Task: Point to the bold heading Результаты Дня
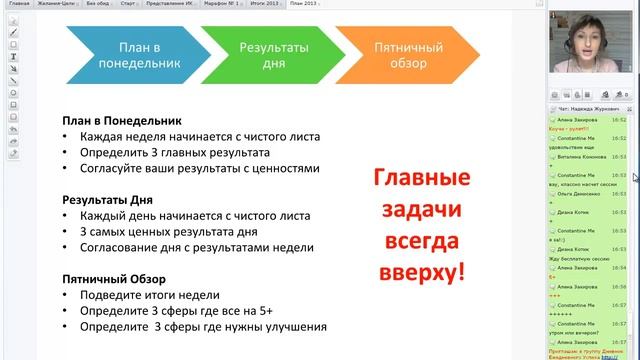click(109, 199)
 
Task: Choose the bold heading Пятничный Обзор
click(113, 277)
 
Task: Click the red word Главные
click(421, 179)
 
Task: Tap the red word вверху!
click(422, 272)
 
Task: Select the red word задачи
click(421, 210)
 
